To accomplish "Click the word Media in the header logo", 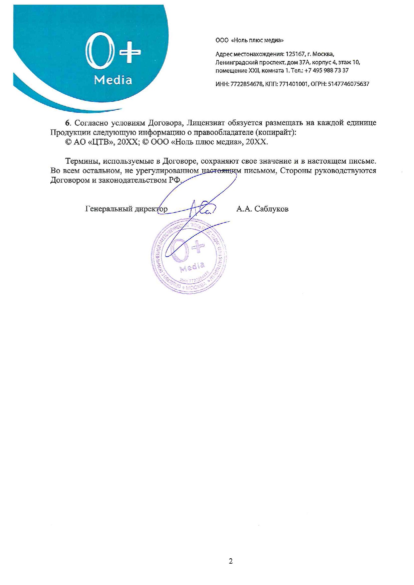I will (x=113, y=80).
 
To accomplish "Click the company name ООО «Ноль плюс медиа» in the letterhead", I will (x=249, y=40).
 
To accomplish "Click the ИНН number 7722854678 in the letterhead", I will (x=244, y=84).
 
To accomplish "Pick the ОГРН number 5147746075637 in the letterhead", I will (x=349, y=84).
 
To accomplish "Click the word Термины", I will (x=82, y=161).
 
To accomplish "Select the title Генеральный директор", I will (x=126, y=209).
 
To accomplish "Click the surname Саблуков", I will (x=271, y=209).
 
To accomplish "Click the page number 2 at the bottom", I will (x=231, y=561).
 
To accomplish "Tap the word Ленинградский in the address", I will (x=237, y=62).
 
